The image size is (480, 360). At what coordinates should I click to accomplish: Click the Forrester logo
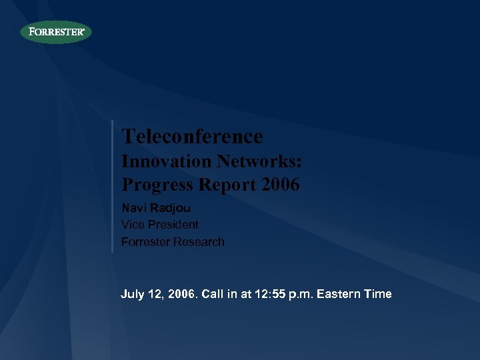(56, 32)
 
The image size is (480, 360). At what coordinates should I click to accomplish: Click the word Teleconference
(192, 137)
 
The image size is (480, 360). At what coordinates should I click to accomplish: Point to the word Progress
(157, 184)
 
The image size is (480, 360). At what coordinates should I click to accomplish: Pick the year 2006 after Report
(281, 184)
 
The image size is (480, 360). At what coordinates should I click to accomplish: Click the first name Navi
(131, 207)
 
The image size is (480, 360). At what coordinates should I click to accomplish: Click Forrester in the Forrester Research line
(145, 242)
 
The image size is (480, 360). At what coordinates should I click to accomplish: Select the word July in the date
(132, 294)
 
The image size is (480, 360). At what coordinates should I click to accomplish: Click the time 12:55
(269, 294)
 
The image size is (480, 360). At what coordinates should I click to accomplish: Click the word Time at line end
(379, 294)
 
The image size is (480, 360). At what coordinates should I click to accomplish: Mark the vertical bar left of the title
(112, 186)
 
